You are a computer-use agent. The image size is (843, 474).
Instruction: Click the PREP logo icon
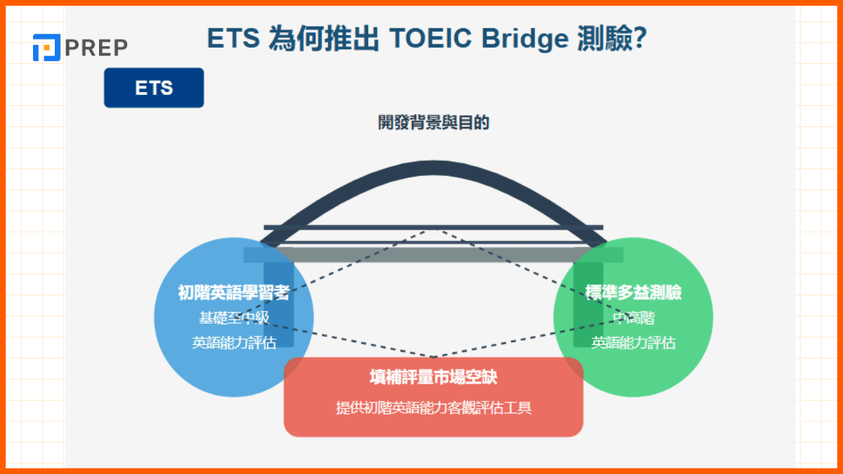click(x=46, y=47)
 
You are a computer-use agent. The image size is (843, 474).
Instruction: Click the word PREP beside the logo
click(x=96, y=48)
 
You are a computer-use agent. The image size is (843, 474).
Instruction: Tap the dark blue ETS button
click(x=154, y=88)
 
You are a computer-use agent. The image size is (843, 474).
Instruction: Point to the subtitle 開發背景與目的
click(x=433, y=123)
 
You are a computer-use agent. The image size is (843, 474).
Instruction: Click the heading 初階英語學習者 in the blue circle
click(x=234, y=293)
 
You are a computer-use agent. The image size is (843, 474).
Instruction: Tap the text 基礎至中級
click(x=234, y=317)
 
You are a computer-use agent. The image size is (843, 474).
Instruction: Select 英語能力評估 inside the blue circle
click(x=234, y=343)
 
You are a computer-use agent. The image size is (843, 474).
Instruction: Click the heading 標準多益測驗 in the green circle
click(x=633, y=293)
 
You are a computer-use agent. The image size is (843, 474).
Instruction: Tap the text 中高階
click(x=633, y=317)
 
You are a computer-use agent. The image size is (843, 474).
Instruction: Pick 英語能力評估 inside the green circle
click(x=633, y=343)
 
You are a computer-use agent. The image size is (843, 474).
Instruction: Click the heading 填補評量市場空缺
click(x=433, y=377)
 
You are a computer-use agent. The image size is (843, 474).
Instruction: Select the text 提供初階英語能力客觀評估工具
click(x=433, y=407)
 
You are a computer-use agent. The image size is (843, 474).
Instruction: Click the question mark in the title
click(x=640, y=39)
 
